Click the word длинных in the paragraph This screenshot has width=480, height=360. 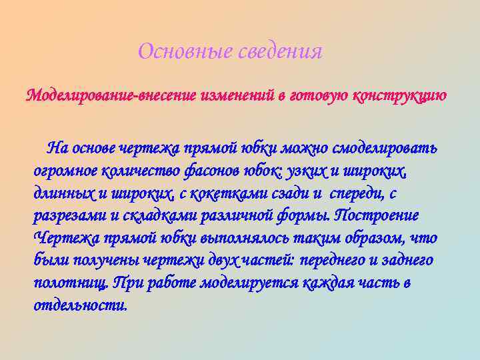click(x=63, y=193)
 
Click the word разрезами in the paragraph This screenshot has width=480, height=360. click(x=66, y=216)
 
